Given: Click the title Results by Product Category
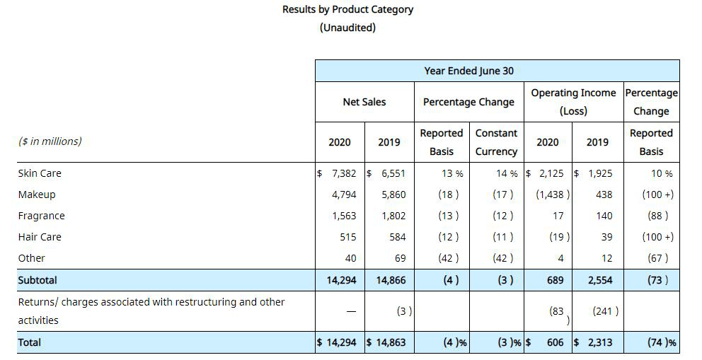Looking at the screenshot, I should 347,10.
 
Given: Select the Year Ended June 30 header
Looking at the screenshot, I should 468,71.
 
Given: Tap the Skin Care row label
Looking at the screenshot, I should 40,173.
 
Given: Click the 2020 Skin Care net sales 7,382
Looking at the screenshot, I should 343,173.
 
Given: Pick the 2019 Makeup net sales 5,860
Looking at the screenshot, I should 393,194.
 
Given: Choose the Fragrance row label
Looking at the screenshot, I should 41,216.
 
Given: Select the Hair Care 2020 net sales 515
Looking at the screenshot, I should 347,237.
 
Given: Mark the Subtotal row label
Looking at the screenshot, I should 37,280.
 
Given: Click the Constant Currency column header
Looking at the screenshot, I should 496,142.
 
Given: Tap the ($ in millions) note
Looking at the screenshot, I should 50,141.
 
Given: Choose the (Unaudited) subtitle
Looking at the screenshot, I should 347,28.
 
